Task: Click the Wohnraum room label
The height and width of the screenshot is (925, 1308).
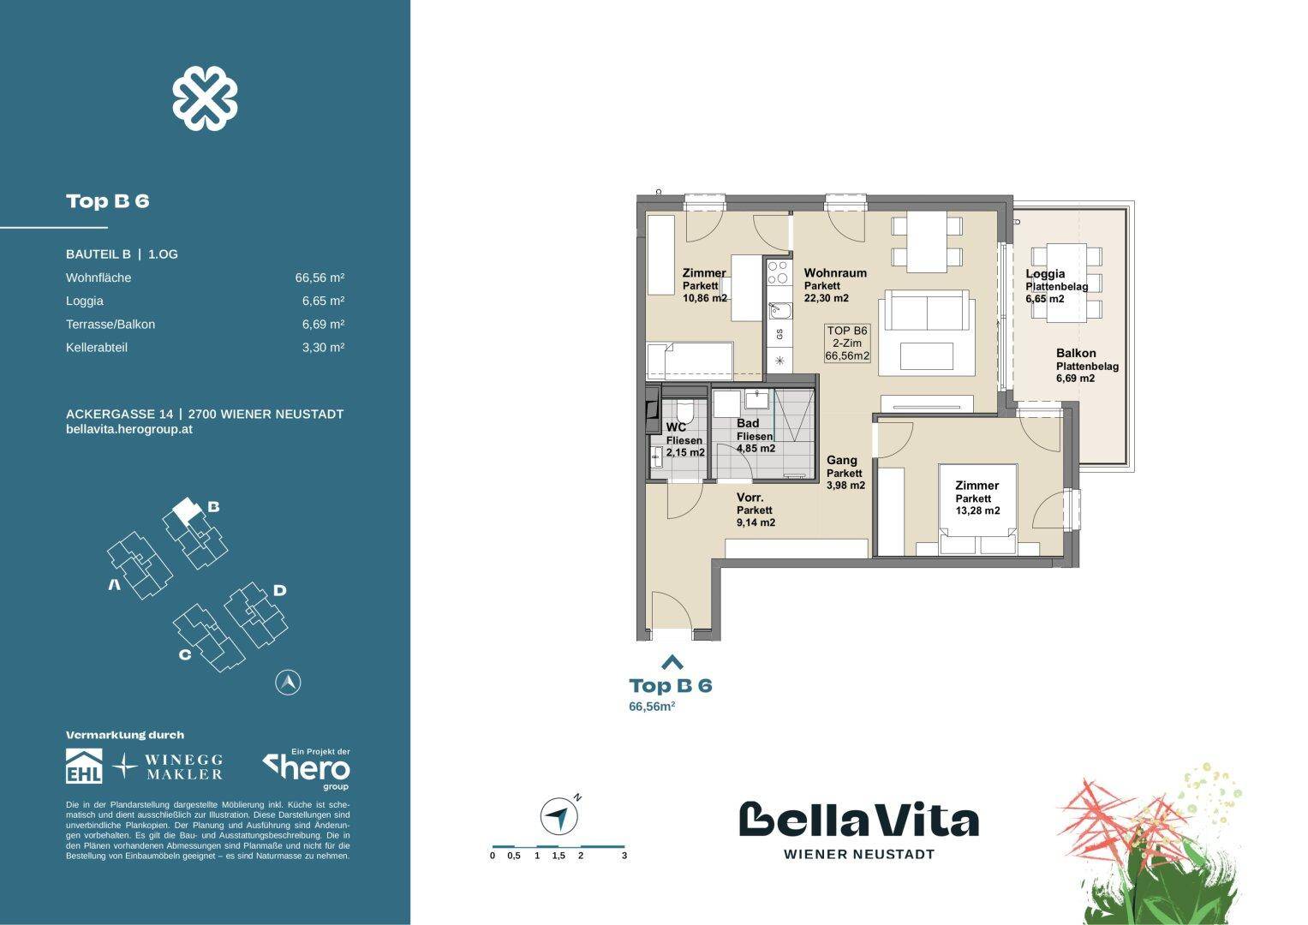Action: coord(835,273)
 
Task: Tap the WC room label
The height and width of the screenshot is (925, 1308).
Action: coord(675,427)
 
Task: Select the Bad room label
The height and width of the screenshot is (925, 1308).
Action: coord(748,424)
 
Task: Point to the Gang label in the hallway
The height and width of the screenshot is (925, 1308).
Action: coord(841,461)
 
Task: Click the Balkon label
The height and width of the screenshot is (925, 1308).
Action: coord(1076,353)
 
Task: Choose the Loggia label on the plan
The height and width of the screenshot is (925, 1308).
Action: coord(1045,274)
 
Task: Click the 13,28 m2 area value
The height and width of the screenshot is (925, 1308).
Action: coord(978,511)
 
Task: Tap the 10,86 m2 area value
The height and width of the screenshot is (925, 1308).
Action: coord(705,298)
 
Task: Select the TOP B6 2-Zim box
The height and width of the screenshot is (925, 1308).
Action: coord(847,343)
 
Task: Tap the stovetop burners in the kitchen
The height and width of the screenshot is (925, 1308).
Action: coord(778,273)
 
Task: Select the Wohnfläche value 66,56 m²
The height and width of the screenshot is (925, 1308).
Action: coord(320,277)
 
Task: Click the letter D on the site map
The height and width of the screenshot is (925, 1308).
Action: coord(279,590)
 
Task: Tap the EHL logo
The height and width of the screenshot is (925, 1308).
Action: coord(84,767)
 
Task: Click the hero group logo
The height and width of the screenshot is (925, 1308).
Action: coord(306,767)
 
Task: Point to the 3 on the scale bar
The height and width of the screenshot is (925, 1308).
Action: coord(624,856)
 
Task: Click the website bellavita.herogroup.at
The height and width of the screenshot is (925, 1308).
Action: coord(129,429)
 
